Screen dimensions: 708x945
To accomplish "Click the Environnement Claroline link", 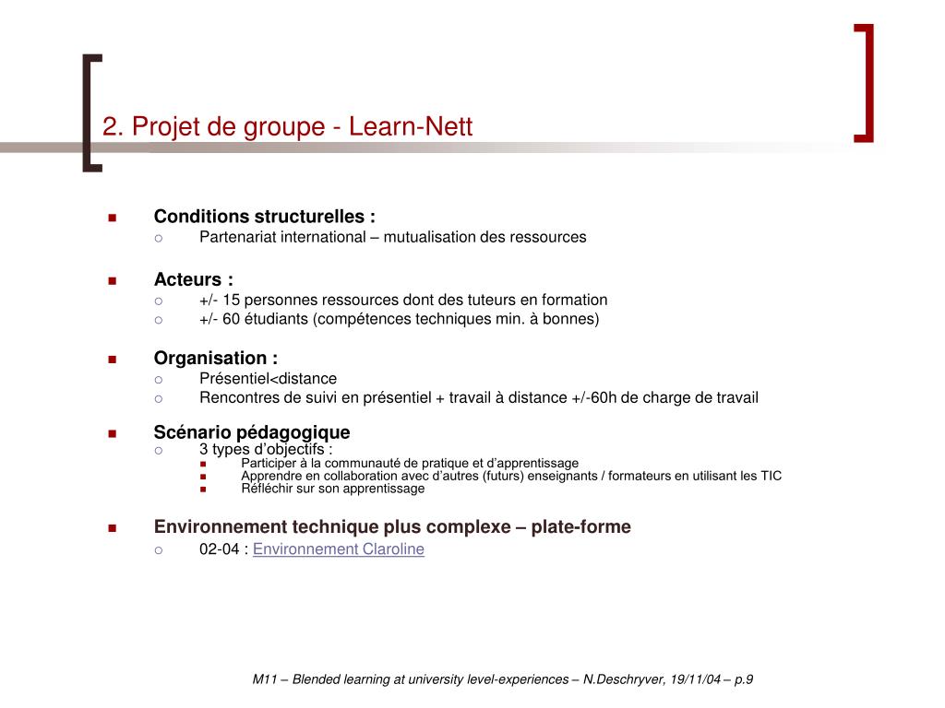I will [x=339, y=549].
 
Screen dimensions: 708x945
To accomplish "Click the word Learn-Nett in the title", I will [x=411, y=126].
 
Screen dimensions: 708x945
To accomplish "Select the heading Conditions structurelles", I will [x=264, y=217].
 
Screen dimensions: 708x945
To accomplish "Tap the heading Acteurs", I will [x=193, y=279].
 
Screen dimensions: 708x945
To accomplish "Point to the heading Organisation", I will [x=215, y=359].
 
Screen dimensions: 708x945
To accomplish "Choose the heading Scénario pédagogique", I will [x=252, y=432].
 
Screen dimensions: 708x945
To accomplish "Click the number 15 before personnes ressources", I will [x=231, y=300].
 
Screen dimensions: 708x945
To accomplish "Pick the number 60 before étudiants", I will [x=231, y=319].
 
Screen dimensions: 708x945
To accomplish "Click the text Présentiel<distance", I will [x=268, y=379].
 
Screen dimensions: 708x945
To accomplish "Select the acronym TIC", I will [x=771, y=476].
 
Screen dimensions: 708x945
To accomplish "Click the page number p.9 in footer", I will [x=744, y=679].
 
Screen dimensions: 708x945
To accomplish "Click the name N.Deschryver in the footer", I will [x=621, y=679].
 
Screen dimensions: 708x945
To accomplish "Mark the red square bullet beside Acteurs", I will [x=112, y=280].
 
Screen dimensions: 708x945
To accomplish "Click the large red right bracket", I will [x=865, y=83].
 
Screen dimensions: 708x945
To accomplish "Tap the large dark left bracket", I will [x=92, y=112].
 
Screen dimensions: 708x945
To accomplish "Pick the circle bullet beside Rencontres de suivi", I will [x=159, y=398].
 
